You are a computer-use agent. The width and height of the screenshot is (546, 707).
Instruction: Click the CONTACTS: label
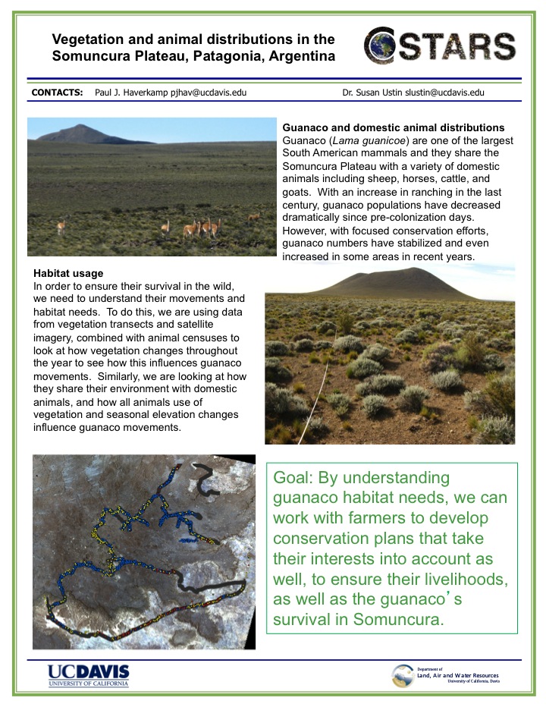(57, 93)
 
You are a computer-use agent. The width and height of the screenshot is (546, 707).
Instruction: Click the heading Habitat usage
(69, 273)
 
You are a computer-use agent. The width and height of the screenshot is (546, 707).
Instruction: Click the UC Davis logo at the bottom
(88, 674)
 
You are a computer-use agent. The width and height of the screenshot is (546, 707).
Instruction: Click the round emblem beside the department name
(403, 675)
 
